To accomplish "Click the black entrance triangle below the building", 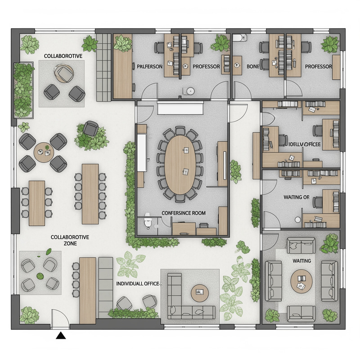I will pos(60,335).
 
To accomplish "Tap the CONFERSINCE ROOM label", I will pos(183,213).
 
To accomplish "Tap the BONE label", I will pos(253,67).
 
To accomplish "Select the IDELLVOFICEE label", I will pos(304,144).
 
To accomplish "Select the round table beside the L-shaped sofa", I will pos(199,293).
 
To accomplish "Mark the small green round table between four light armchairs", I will pos(40,275).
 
